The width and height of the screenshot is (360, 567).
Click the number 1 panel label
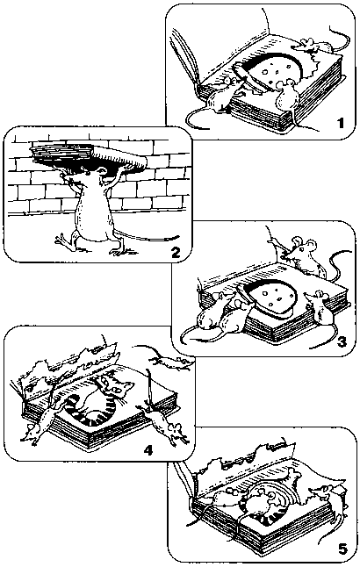[340, 123]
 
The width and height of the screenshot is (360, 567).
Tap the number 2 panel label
[175, 252]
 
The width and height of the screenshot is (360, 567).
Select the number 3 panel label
[342, 341]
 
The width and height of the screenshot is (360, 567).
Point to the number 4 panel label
[148, 450]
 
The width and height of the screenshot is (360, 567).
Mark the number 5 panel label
[342, 549]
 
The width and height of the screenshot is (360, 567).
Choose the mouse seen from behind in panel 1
[288, 97]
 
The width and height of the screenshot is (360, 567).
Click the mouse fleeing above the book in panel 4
[170, 360]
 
